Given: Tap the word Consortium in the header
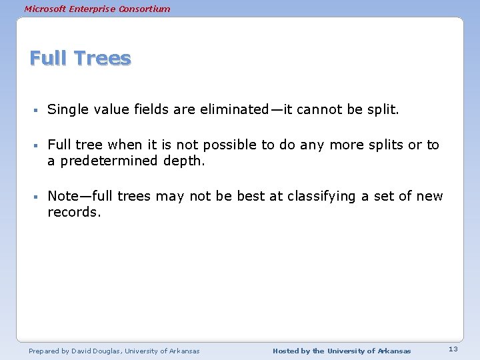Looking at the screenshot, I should pos(145,9).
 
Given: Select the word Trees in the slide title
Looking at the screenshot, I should pos(103,59).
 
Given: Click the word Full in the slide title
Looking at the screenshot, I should pos(49,59).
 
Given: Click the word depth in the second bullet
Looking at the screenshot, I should pos(182,161).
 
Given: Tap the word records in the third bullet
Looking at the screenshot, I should pos(73,212).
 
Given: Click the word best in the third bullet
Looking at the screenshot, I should pos(267,196).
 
